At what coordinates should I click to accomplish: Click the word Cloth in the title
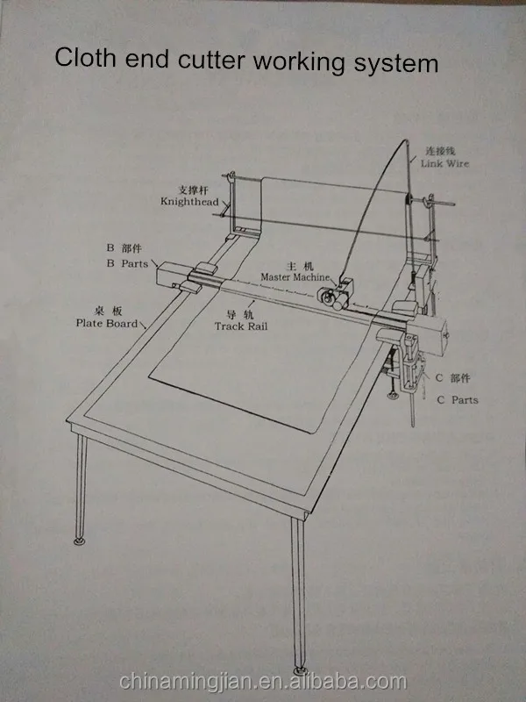(x=83, y=60)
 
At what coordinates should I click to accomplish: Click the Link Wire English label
(x=445, y=164)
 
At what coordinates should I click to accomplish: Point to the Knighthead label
(x=188, y=201)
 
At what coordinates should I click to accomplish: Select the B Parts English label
(x=127, y=263)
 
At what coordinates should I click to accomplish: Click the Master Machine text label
(x=295, y=276)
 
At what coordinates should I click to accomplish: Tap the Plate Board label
(x=107, y=323)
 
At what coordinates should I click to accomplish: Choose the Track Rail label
(x=241, y=326)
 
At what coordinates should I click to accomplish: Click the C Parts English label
(x=458, y=399)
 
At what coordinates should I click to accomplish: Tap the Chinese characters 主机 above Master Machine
(x=299, y=264)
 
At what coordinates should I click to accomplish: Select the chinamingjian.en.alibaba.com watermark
(x=263, y=681)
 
